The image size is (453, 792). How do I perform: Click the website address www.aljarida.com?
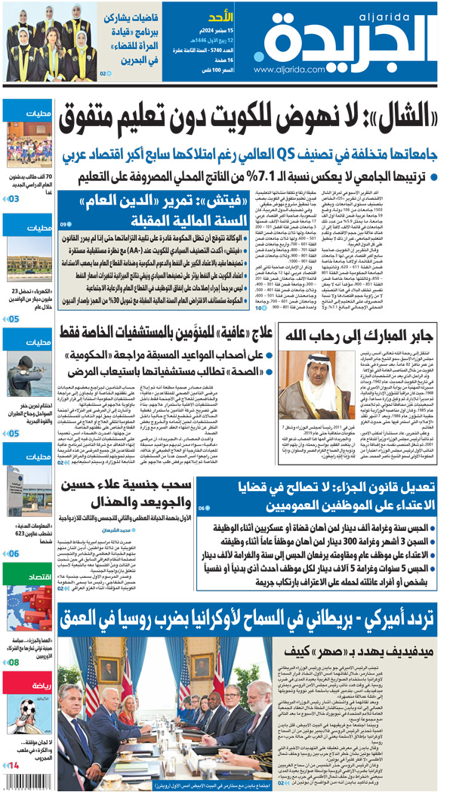[x=294, y=69]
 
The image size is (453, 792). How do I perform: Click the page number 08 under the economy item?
[x=14, y=662]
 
